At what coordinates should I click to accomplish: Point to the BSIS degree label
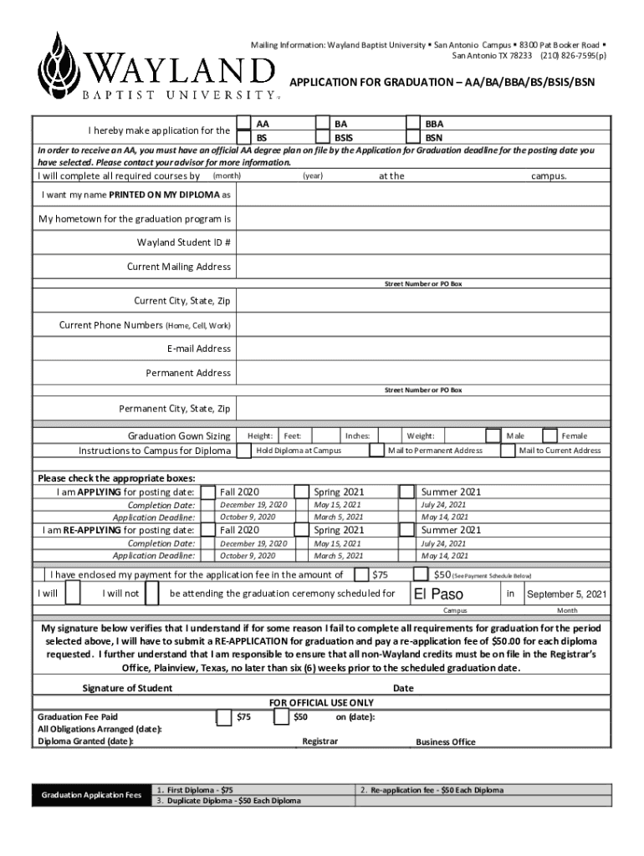(343, 137)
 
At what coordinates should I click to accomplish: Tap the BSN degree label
(434, 137)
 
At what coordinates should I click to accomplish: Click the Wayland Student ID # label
(184, 242)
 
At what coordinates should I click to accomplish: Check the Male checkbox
(493, 436)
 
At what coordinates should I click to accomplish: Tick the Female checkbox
(549, 436)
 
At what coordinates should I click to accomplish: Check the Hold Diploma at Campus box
(243, 451)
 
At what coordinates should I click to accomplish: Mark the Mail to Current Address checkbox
(508, 451)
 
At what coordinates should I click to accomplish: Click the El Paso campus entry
(439, 594)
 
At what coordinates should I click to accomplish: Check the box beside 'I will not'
(152, 594)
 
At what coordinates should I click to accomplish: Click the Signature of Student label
(127, 688)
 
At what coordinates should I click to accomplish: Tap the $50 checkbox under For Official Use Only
(281, 717)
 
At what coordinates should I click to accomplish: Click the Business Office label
(445, 741)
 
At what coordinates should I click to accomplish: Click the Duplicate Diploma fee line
(228, 801)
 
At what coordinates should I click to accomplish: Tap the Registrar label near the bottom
(319, 741)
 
